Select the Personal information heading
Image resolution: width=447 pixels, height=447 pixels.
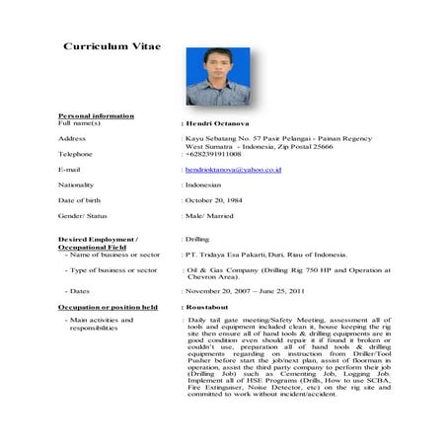tap(97, 116)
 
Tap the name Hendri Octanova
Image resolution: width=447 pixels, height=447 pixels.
tap(220, 123)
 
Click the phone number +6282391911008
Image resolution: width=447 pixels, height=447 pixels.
tap(213, 154)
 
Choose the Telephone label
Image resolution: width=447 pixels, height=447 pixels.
tap(78, 154)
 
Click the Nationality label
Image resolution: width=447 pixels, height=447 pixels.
tap(80, 185)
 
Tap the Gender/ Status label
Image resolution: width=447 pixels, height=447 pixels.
tap(86, 215)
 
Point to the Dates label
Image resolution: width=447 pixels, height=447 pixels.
tap(78, 291)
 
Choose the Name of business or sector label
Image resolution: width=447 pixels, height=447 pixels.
tap(112, 255)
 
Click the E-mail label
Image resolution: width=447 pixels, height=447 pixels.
tap(72, 170)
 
